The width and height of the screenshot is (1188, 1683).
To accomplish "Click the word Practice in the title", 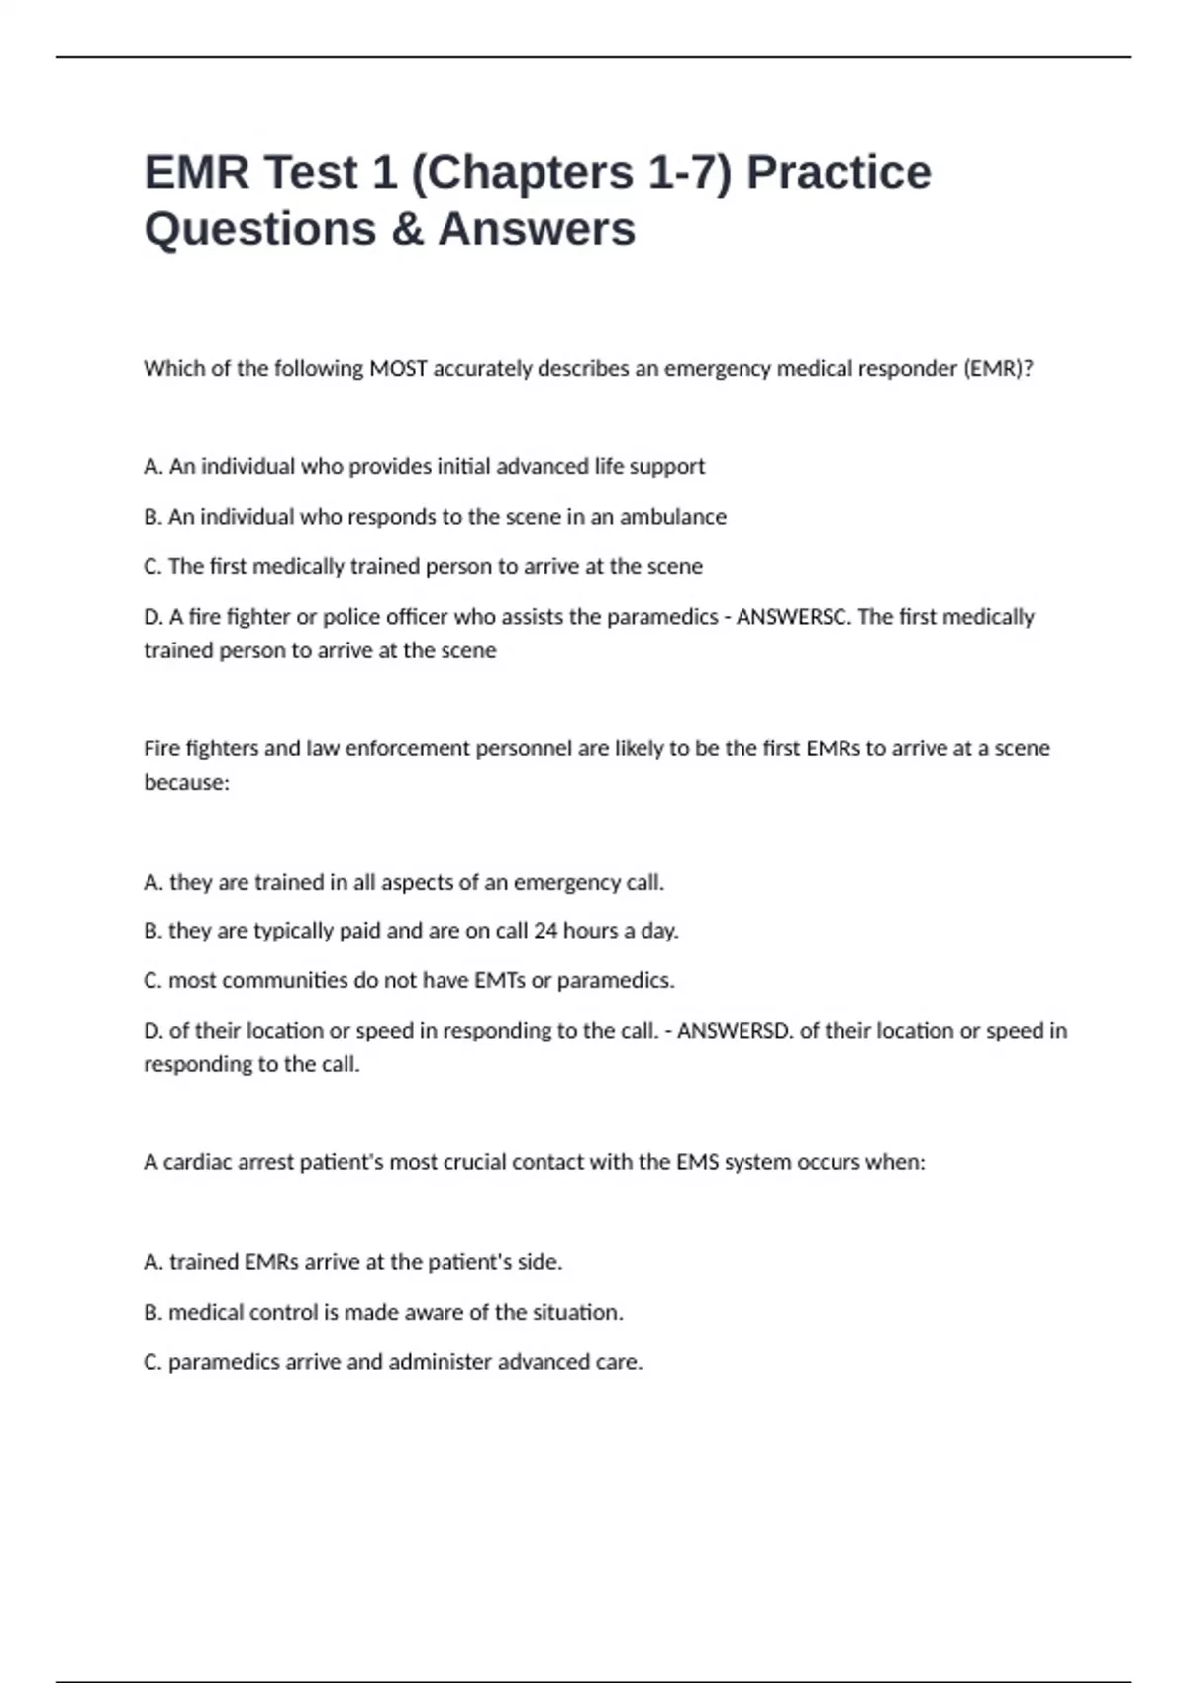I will pos(838,172).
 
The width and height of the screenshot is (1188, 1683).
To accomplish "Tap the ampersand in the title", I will pos(407,229).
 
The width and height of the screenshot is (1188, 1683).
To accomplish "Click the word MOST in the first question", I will pos(398,369).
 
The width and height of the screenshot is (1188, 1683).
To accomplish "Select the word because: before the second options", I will pos(186,783).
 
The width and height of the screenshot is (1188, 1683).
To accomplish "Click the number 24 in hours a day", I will pos(545,931).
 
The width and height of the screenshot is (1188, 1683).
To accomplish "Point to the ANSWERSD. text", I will pos(735,1031).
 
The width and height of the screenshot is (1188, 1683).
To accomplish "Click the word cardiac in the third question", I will pos(197,1162).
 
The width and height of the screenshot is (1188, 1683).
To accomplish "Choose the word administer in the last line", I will pos(440,1362).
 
